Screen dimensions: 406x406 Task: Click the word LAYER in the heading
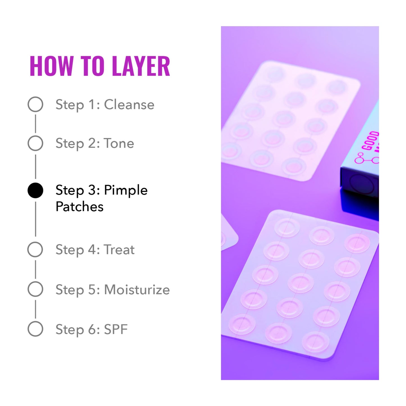(141, 66)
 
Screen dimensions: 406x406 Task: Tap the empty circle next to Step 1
(35, 104)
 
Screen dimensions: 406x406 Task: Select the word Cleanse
(129, 105)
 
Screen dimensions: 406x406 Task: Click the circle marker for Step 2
(35, 143)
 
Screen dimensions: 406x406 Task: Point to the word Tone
(119, 143)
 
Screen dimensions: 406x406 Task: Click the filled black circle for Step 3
(35, 190)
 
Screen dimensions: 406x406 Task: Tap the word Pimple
(126, 190)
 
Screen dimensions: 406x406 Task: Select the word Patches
(80, 207)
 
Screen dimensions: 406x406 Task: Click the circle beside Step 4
(35, 250)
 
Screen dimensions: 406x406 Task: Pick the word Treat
(119, 250)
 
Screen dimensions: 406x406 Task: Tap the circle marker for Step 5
(35, 289)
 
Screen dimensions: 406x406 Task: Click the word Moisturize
(137, 290)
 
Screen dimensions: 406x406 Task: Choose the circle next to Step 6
(35, 329)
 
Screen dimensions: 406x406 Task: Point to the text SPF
(116, 329)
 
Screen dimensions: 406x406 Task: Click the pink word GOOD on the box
(370, 140)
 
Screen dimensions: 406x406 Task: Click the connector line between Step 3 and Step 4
(35, 219)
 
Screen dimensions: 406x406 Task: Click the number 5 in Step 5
(92, 290)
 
